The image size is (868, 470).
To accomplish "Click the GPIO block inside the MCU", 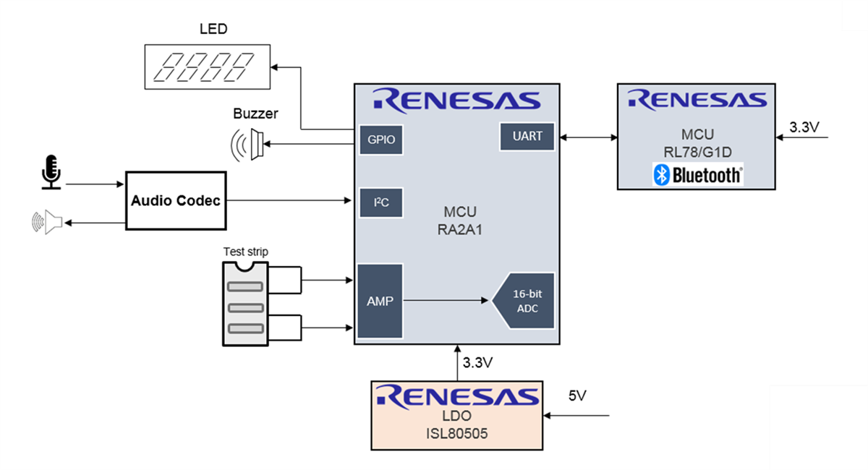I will pyautogui.click(x=380, y=140).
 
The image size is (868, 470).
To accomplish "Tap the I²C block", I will pyautogui.click(x=380, y=202).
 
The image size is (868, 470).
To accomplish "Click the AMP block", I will pyautogui.click(x=380, y=301).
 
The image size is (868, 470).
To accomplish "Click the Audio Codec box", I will pyautogui.click(x=176, y=200).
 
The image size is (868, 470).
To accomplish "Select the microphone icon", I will pyautogui.click(x=51, y=171).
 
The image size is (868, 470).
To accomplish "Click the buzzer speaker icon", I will pyautogui.click(x=248, y=145).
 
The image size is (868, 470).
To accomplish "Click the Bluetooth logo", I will pyautogui.click(x=697, y=174).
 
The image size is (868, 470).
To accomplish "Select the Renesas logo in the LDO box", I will pyautogui.click(x=457, y=396).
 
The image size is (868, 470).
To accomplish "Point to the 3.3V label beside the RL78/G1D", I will pyautogui.click(x=804, y=127).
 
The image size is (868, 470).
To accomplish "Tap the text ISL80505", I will pyautogui.click(x=457, y=433).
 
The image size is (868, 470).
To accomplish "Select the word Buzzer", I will pyautogui.click(x=255, y=114).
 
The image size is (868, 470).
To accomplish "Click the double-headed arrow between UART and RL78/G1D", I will pyautogui.click(x=589, y=136).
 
